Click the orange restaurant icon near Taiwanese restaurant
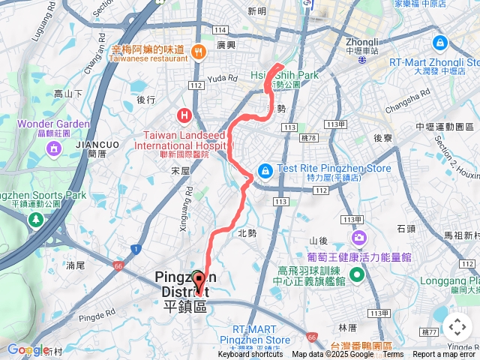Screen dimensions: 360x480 pyautogui.click(x=199, y=51)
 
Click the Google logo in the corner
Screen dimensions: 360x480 pyautogui.click(x=28, y=350)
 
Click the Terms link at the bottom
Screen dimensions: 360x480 pyautogui.click(x=393, y=355)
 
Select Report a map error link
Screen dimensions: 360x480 pyautogui.click(x=445, y=355)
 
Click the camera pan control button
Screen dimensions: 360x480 pyautogui.click(x=457, y=327)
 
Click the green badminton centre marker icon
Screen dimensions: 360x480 pyautogui.click(x=356, y=274)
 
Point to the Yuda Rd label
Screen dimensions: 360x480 pyautogui.click(x=222, y=77)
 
